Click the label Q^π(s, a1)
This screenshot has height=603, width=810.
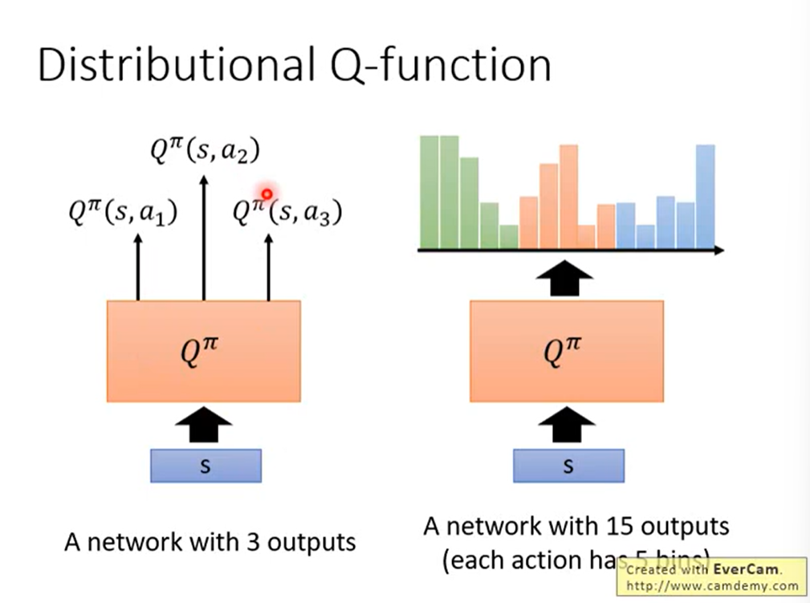[x=124, y=213]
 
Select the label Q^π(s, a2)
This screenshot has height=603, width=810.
[x=205, y=150]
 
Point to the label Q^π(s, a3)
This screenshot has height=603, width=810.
[x=287, y=213]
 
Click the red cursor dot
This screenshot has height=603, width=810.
[x=267, y=194]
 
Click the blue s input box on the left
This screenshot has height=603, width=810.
[x=206, y=466]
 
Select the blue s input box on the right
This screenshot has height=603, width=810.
[x=568, y=466]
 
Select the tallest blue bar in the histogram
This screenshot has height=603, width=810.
[x=706, y=197]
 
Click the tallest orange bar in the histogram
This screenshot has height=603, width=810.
[x=569, y=197]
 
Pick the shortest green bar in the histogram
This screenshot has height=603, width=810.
[x=509, y=237]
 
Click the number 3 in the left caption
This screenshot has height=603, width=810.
[x=254, y=542]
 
